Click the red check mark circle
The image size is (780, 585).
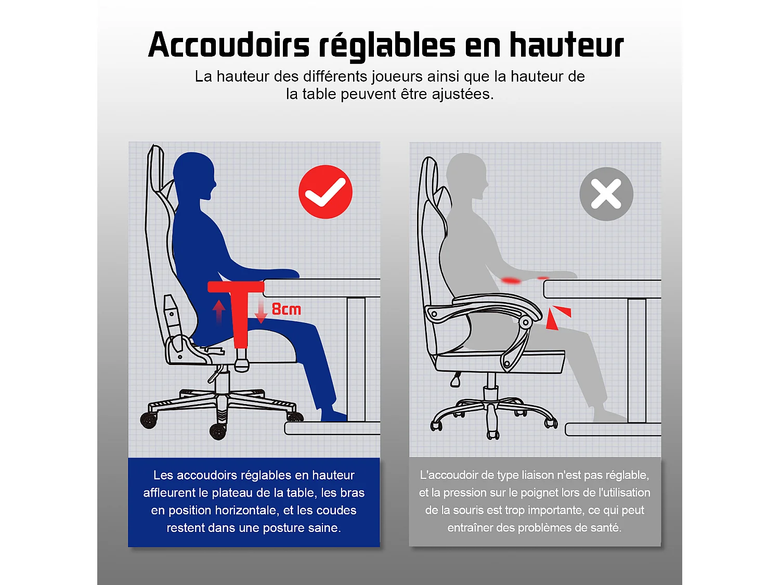pos(326,192)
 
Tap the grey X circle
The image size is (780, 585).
pos(606,194)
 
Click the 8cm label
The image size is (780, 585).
pos(287,309)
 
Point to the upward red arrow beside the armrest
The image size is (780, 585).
pos(219,311)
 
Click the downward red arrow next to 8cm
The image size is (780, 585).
pos(261,311)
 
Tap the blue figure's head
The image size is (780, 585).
pos(194,175)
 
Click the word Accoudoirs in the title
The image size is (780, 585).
pos(229,45)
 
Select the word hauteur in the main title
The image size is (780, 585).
pos(566,45)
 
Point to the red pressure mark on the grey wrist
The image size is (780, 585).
pos(511,281)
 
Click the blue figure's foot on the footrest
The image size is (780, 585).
pos(333,415)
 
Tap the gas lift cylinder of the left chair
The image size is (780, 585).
pos(223,382)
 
